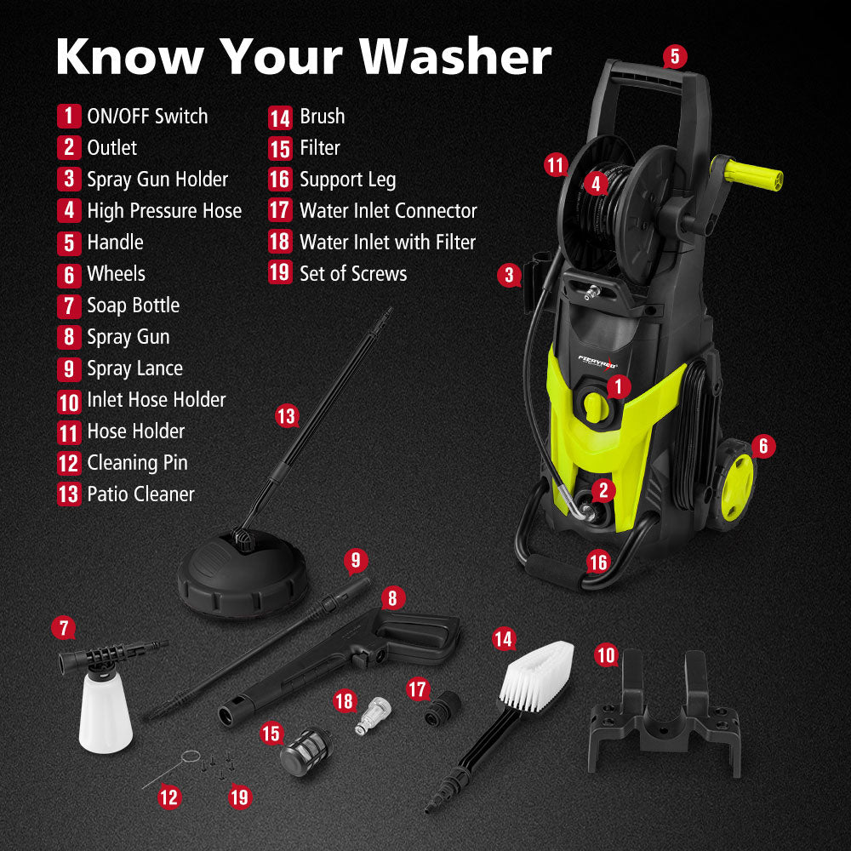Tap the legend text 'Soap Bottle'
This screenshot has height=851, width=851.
point(133,306)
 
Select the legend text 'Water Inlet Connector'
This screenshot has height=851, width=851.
point(388,211)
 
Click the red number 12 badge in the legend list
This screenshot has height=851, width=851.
point(69,464)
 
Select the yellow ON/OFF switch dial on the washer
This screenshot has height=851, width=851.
point(597,407)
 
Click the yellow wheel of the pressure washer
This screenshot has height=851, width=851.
point(737,487)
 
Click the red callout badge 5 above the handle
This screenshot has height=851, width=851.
point(674,57)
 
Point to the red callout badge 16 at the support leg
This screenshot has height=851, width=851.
point(598,562)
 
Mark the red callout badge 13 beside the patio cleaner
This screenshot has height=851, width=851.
point(287,416)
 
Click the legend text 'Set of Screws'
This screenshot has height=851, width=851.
point(353,274)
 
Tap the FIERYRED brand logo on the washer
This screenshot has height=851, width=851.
point(601,362)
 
